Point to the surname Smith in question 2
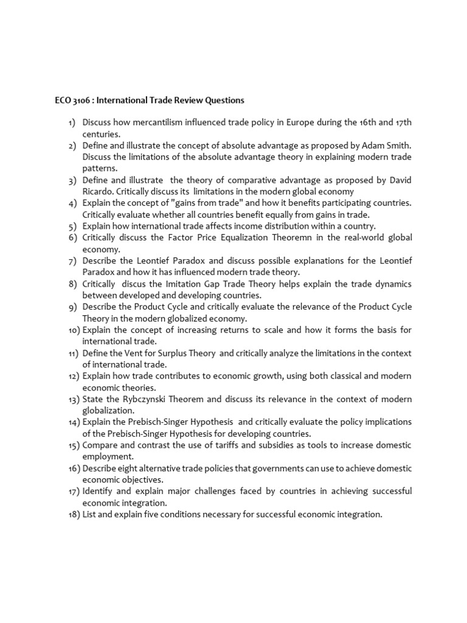[398, 145]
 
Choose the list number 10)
[74, 330]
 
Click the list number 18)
[74, 514]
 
